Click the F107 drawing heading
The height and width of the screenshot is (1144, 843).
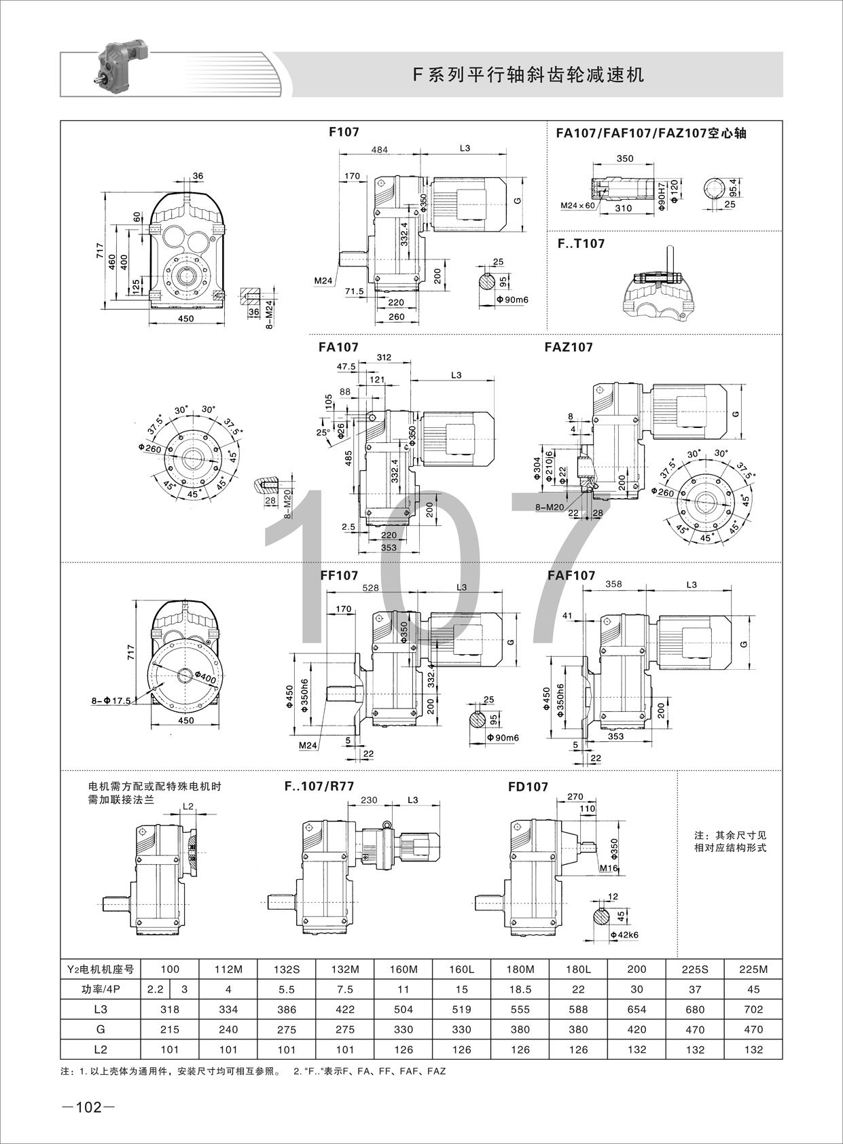coord(344,132)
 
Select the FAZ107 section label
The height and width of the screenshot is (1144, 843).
coord(569,347)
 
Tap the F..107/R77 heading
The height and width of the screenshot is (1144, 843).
coord(319,786)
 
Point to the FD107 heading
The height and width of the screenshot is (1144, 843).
coord(527,787)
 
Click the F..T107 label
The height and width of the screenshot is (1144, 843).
coord(581,244)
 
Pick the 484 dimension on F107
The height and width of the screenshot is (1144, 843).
coord(379,149)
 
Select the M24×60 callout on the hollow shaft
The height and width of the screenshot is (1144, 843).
coord(577,205)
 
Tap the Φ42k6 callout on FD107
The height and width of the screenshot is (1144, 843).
coord(624,935)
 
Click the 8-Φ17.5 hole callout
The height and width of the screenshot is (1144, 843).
coord(111,700)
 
